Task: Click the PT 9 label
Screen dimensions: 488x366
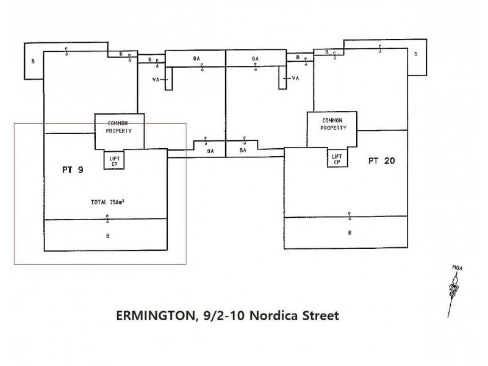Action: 73,170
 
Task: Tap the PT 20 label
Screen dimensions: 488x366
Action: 382,161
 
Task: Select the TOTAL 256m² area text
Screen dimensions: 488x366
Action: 108,203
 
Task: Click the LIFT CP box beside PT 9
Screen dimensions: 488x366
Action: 114,159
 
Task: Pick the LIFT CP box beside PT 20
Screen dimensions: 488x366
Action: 337,157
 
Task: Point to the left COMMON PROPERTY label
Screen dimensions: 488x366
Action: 118,127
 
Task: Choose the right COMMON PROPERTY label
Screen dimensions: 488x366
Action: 333,124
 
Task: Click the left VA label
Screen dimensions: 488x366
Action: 156,80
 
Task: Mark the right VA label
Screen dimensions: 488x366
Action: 295,78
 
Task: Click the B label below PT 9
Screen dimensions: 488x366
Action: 108,236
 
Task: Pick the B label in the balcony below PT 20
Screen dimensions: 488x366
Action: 350,233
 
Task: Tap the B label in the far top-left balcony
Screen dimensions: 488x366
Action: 33,62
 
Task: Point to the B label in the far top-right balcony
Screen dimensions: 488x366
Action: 416,54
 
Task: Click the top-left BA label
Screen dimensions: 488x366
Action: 196,59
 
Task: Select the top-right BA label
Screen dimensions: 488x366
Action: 255,59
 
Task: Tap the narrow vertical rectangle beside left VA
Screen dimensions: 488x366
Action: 168,79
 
